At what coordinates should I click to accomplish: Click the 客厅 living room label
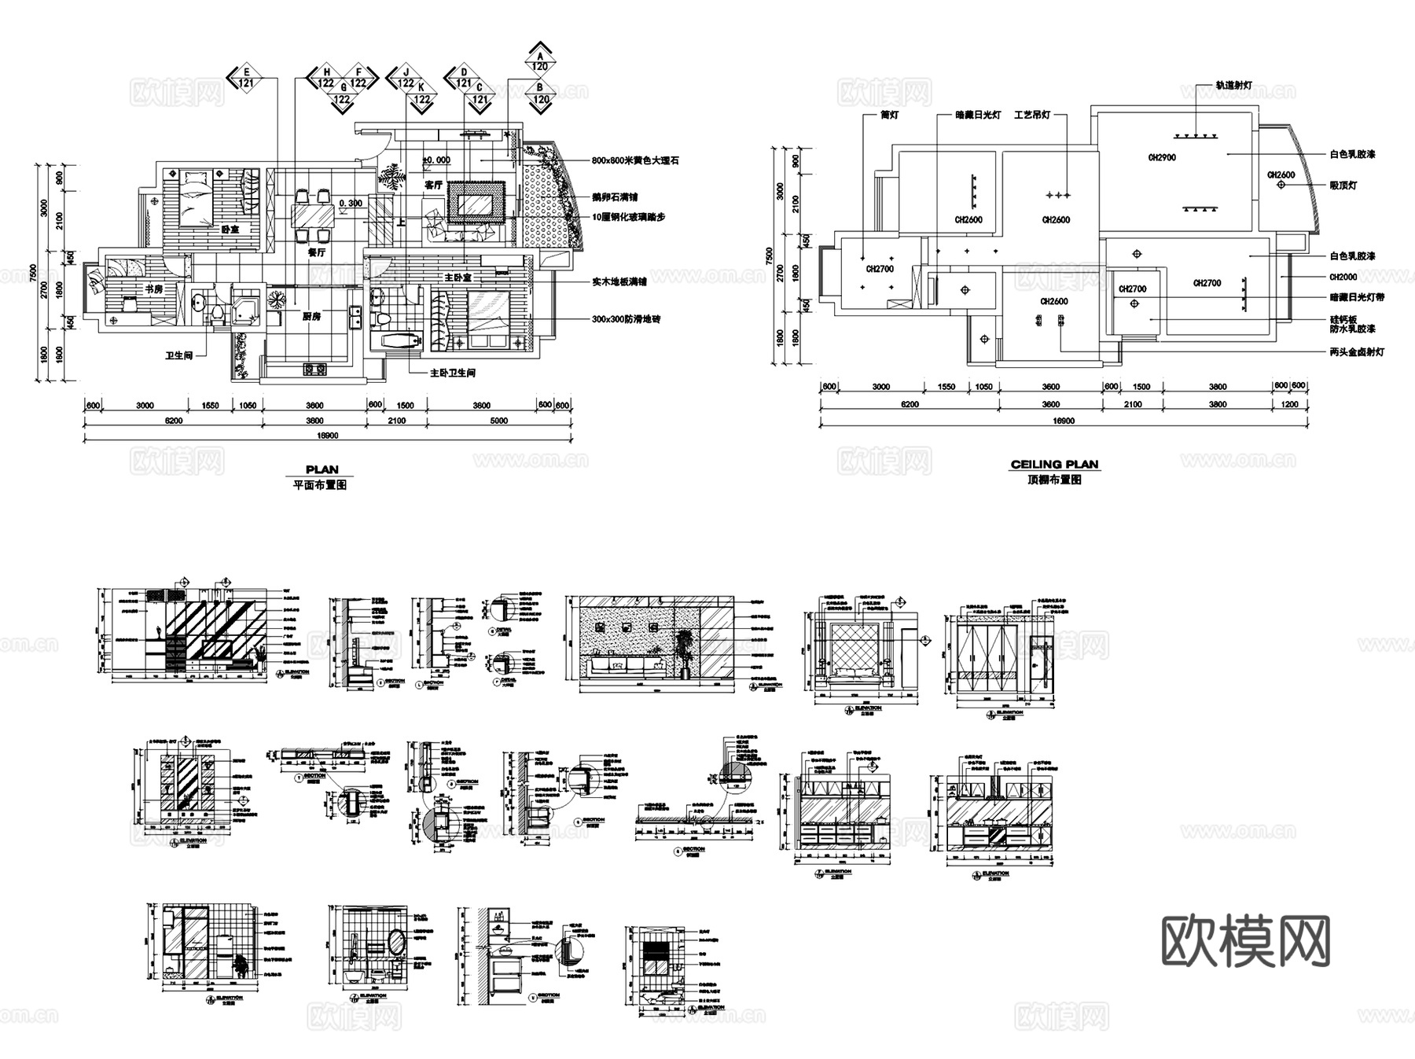[433, 186]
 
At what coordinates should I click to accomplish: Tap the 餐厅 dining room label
[316, 253]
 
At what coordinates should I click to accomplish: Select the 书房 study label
[153, 289]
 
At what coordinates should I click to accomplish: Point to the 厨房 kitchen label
[311, 317]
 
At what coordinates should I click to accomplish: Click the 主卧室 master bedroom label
[458, 278]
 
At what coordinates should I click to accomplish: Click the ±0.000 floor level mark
[436, 160]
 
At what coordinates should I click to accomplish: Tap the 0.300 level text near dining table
[351, 204]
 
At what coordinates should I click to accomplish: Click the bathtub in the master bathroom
[397, 341]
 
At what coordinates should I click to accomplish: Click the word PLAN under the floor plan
[322, 470]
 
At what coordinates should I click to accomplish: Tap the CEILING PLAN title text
[1054, 465]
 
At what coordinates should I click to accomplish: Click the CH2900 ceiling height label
[1162, 158]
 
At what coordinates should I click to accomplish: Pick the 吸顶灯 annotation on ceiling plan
[1343, 186]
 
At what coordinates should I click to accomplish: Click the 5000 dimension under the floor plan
[498, 421]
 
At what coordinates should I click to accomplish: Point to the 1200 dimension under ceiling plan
[1290, 404]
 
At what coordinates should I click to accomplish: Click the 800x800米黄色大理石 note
[635, 160]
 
